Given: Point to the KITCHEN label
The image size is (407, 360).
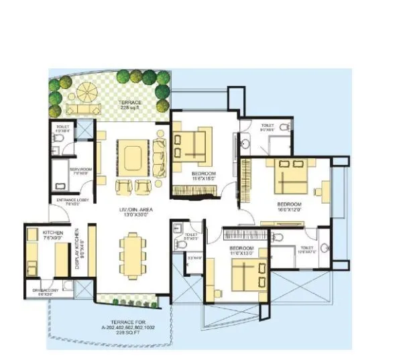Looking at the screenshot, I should tap(34, 234).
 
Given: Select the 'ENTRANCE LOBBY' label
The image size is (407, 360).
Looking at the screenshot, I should tap(70, 200).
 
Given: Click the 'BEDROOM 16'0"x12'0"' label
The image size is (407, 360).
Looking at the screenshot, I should tap(290, 206).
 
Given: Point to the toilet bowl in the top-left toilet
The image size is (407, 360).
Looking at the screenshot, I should tap(58, 138).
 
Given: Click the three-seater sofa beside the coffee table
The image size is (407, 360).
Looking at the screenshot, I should tap(160, 156).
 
